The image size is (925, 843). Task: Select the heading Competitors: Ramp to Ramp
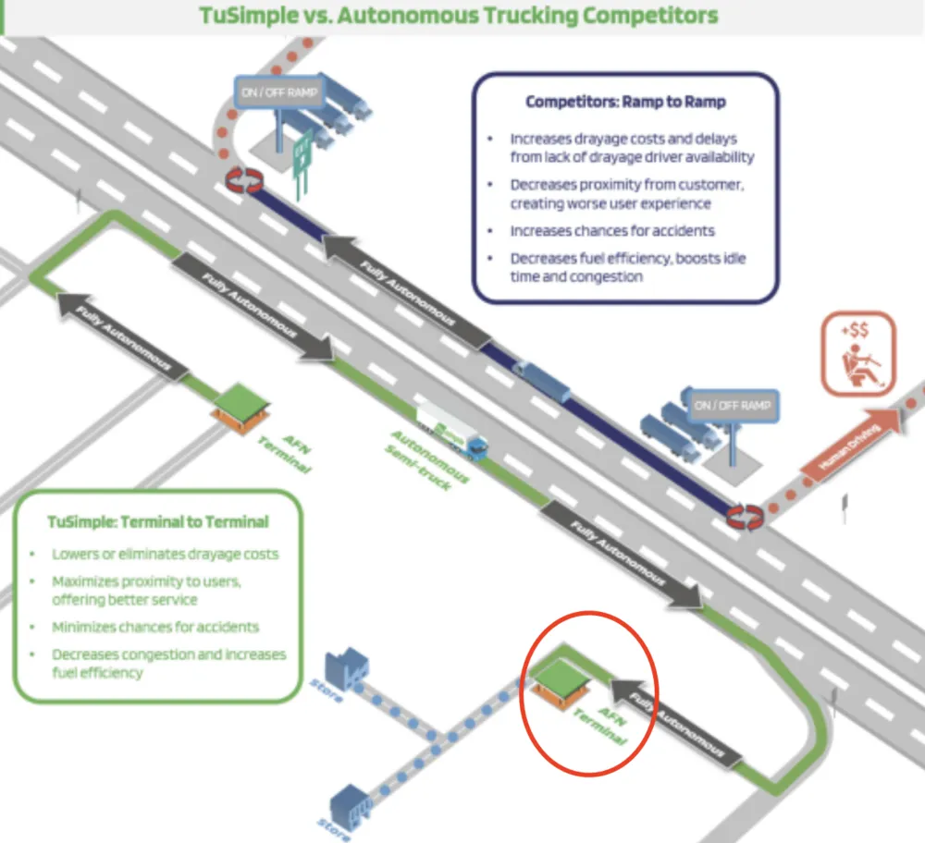pos(624,102)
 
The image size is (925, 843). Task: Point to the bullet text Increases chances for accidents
pos(612,230)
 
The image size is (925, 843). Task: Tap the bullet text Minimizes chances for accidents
pos(155,627)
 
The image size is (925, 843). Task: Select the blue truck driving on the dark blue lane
pos(542,379)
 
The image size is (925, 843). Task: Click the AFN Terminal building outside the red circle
pos(242,405)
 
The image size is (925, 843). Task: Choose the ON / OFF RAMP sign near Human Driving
pos(732,405)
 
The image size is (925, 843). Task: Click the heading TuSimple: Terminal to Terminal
pos(158,521)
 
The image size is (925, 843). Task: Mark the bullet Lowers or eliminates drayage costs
pos(165,554)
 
